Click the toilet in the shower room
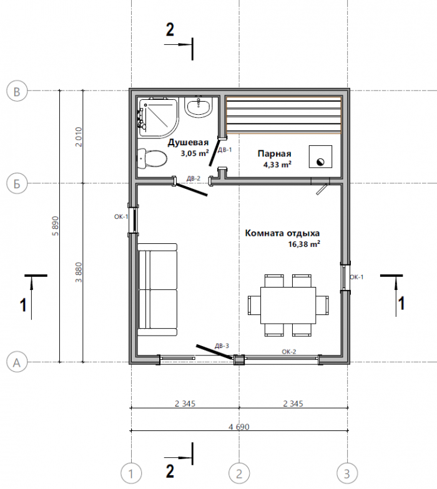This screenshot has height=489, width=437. point(152,158)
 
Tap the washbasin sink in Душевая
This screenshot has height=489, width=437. point(199,107)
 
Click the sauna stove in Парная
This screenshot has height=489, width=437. point(320,157)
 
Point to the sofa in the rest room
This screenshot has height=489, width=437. point(157,290)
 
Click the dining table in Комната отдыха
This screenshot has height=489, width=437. point(288,306)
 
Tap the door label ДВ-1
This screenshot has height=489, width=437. point(225,150)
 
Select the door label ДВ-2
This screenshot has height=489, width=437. point(194,178)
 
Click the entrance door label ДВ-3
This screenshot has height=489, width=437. point(222,346)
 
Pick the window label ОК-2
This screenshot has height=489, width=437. point(289,352)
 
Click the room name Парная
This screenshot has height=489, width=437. point(275,153)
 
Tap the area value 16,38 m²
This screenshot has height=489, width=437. point(304,244)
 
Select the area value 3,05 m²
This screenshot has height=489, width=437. point(195,153)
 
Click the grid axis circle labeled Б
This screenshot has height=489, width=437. point(17,183)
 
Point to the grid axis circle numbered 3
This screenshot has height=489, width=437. point(347,474)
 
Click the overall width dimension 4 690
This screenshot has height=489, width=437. point(239,427)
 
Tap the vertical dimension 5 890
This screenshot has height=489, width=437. point(56,226)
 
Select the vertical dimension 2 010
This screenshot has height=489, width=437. point(79,137)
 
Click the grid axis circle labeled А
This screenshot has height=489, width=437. point(17,362)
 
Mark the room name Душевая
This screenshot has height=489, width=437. point(189,142)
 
